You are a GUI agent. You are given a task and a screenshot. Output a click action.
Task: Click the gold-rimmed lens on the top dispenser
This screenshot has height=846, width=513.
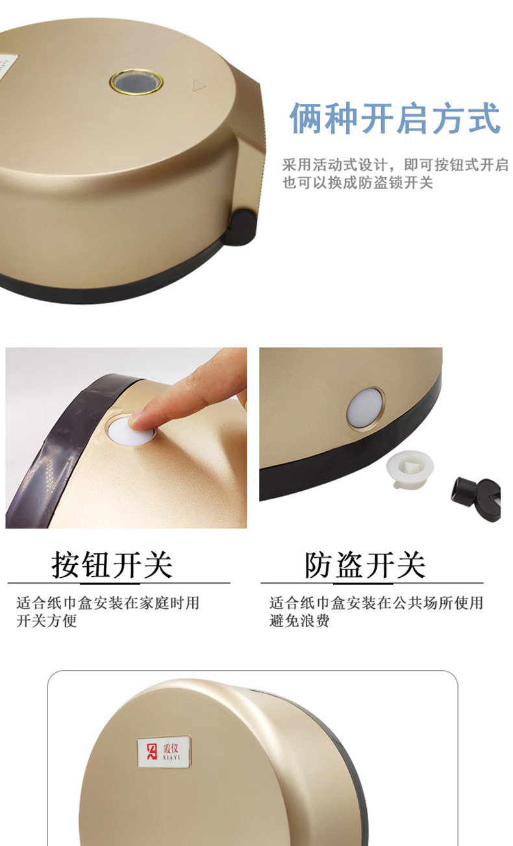pos(136,82)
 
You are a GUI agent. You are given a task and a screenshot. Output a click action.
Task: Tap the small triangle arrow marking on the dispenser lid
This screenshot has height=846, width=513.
pos(199,86)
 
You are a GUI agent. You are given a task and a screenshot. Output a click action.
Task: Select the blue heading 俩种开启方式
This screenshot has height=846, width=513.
pos(395,119)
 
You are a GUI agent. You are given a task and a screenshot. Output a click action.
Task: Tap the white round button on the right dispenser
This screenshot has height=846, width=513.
pos(365,408)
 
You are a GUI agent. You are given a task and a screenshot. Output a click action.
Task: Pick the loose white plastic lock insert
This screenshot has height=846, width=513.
pos(410,469)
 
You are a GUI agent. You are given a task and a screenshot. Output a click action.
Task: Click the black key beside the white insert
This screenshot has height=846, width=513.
pos(477,498)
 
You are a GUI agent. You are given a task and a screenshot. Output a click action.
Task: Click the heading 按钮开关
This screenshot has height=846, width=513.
pos(112,565)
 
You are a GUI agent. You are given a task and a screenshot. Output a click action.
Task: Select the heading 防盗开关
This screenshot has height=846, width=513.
pos(366,565)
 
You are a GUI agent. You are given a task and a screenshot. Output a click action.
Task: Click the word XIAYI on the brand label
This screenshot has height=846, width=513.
pos(171,757)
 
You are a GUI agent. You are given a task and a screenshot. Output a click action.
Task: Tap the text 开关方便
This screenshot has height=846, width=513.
pos(47,621)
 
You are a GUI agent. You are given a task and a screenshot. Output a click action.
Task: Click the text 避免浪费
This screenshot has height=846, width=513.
pos(299,621)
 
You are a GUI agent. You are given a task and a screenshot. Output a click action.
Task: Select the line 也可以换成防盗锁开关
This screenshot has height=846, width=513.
pos(358,183)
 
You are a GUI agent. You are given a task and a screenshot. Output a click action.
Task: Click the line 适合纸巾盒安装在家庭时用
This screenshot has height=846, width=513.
pos(108,603)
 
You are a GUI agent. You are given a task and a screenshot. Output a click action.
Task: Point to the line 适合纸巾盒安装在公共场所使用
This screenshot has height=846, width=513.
pos(376,603)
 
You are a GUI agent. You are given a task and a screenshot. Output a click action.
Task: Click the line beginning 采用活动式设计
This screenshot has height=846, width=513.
pos(395,165)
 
